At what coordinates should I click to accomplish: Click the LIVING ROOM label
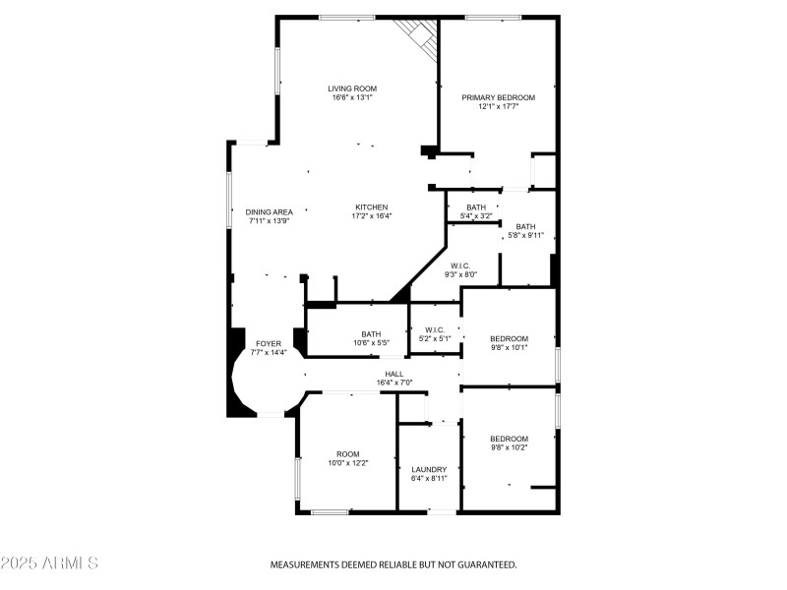pyautogui.click(x=352, y=88)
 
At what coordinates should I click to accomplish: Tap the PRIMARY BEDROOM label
pyautogui.click(x=499, y=97)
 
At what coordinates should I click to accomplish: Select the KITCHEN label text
pyautogui.click(x=373, y=206)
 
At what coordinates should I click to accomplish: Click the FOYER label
pyautogui.click(x=269, y=343)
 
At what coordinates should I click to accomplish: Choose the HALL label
pyautogui.click(x=393, y=374)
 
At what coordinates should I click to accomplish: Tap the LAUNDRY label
pyautogui.click(x=429, y=469)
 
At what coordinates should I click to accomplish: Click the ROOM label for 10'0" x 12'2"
pyautogui.click(x=348, y=453)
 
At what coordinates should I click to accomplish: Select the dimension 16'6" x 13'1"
pyautogui.click(x=352, y=97)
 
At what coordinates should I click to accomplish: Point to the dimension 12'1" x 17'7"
pyautogui.click(x=499, y=106)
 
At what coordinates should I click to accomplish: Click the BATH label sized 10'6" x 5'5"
pyautogui.click(x=371, y=333)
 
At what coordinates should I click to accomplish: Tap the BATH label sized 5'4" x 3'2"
pyautogui.click(x=476, y=206)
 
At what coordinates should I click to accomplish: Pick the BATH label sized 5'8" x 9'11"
pyautogui.click(x=525, y=226)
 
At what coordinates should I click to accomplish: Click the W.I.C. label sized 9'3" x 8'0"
pyautogui.click(x=460, y=265)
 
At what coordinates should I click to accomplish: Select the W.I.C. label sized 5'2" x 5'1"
pyautogui.click(x=435, y=329)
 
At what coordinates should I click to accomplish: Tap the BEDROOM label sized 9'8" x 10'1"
pyautogui.click(x=510, y=338)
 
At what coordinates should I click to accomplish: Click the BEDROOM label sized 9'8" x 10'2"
pyautogui.click(x=510, y=439)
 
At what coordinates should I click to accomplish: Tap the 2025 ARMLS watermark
pyautogui.click(x=49, y=563)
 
